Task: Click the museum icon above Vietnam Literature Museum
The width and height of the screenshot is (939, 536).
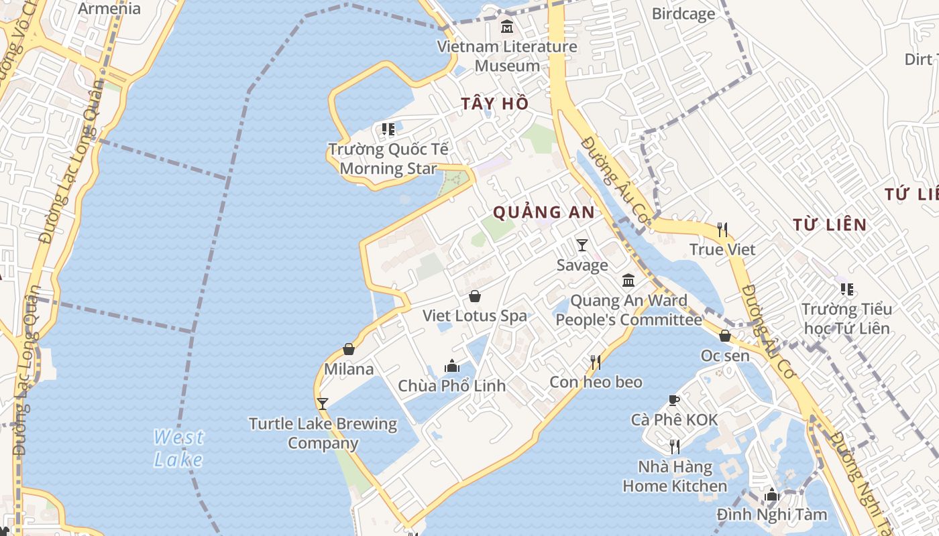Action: click(x=507, y=27)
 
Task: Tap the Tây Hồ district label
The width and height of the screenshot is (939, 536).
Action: click(x=495, y=104)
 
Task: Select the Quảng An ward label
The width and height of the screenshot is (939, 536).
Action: click(x=543, y=212)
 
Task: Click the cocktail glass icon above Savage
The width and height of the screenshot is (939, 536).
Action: click(x=582, y=245)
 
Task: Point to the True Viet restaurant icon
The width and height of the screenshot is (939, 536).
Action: click(x=722, y=230)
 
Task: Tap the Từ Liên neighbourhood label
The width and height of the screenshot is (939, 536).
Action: click(x=829, y=224)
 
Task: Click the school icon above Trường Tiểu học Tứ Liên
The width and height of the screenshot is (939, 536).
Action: click(x=846, y=289)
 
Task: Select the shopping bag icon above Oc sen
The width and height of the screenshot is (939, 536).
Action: click(x=725, y=336)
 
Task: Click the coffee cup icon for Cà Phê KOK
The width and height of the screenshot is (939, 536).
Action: click(x=674, y=401)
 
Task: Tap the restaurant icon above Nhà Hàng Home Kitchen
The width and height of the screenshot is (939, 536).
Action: click(x=675, y=446)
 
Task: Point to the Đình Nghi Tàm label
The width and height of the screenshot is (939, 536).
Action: click(x=771, y=515)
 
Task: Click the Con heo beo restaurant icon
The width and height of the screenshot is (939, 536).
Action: click(x=596, y=362)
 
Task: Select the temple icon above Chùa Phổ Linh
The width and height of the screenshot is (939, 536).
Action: click(x=452, y=366)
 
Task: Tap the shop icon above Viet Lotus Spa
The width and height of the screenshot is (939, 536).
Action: click(x=475, y=296)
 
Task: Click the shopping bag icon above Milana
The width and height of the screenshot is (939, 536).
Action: click(x=349, y=349)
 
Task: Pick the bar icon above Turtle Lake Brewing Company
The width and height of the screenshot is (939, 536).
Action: click(x=323, y=403)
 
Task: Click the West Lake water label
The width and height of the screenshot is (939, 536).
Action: click(x=178, y=448)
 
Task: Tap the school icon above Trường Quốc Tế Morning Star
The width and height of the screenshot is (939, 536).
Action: click(x=388, y=129)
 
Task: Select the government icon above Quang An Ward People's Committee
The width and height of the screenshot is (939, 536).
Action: click(x=628, y=280)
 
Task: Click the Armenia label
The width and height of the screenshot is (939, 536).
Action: click(x=109, y=9)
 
